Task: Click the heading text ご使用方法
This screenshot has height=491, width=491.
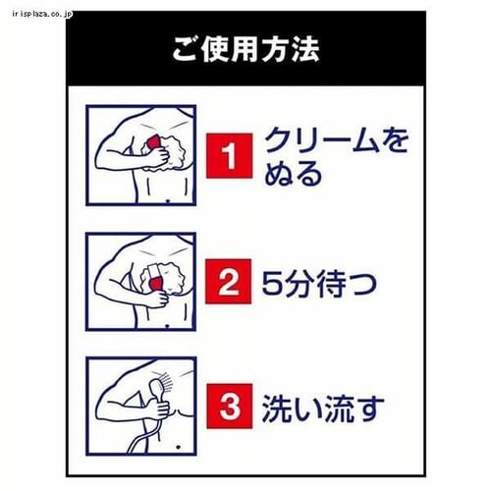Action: [x=245, y=49]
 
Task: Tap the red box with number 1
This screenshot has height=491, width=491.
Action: [x=229, y=156]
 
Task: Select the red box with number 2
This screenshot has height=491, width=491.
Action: [x=228, y=281]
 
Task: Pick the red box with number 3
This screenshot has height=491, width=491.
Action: [x=230, y=407]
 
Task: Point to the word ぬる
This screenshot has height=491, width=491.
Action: [x=293, y=174]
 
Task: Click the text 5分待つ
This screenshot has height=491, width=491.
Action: [x=319, y=283]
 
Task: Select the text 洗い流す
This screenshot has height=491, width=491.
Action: [x=323, y=409]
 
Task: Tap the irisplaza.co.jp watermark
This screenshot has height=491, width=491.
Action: [x=42, y=14]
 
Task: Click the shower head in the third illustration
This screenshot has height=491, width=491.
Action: [x=154, y=385]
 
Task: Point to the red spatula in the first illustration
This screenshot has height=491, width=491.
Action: [x=153, y=143]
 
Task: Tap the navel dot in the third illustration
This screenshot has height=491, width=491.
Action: [x=179, y=447]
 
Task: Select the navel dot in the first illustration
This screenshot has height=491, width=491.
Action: [x=168, y=201]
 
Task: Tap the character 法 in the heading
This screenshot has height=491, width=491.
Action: [x=304, y=49]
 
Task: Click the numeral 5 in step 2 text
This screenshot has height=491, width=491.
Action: [x=272, y=284]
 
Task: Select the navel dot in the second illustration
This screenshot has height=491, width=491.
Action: [x=168, y=326]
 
